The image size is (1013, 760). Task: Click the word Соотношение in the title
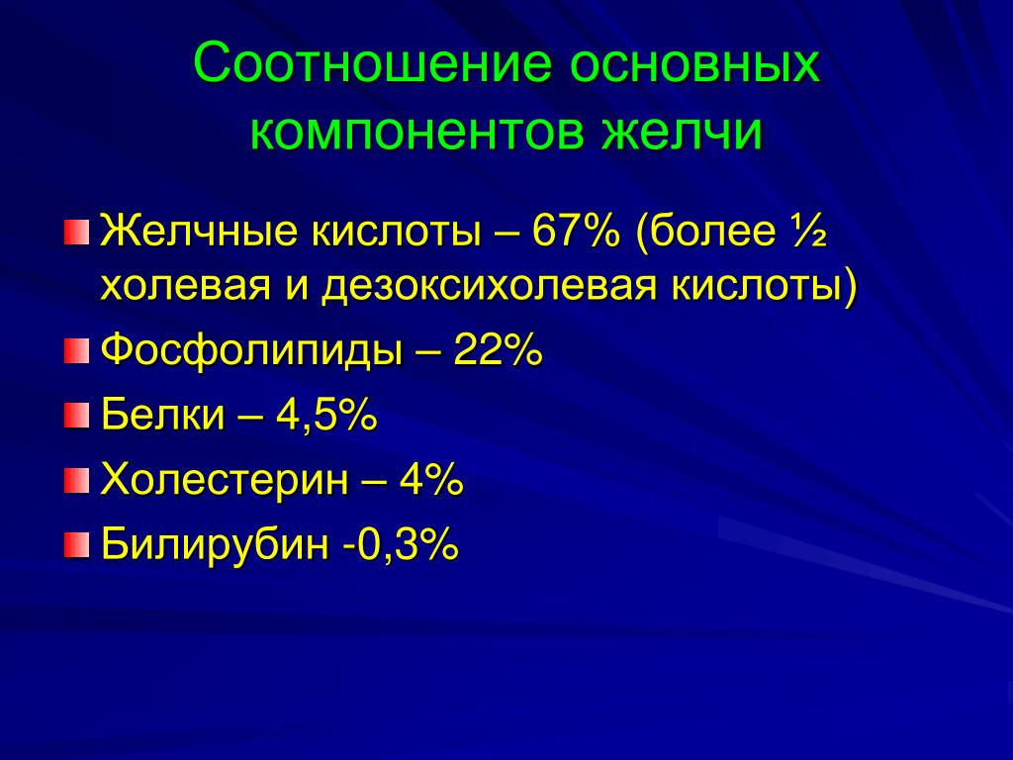point(373,62)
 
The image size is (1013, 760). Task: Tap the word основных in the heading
point(695,64)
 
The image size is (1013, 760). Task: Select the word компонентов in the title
point(416,132)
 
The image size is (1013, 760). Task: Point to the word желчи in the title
point(683,132)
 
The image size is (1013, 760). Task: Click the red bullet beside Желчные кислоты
point(76,232)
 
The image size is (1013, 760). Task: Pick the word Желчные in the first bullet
point(200,231)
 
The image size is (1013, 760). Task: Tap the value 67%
point(576,231)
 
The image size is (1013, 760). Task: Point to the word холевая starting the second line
point(185,287)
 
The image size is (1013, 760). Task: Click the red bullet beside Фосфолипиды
point(76,351)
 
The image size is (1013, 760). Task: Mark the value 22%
point(498,350)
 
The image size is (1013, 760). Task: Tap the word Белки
point(162,414)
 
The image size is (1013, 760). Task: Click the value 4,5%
point(326,415)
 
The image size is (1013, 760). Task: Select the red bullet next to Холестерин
point(76,480)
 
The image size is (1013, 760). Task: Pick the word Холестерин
point(225,480)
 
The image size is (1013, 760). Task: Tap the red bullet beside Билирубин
point(76,545)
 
